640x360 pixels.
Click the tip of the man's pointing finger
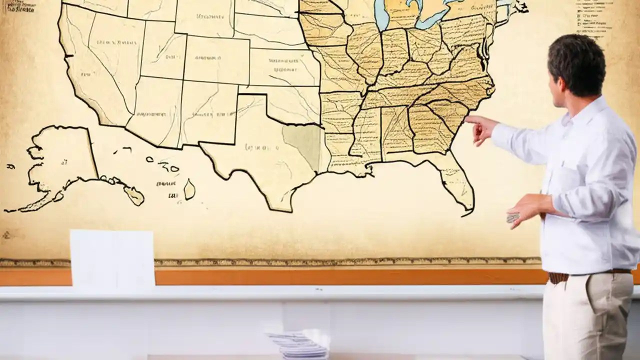[x=466, y=119]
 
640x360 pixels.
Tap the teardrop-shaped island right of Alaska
[x=189, y=189]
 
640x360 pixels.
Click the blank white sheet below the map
[x=112, y=257]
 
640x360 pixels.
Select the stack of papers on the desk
[x=297, y=345]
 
